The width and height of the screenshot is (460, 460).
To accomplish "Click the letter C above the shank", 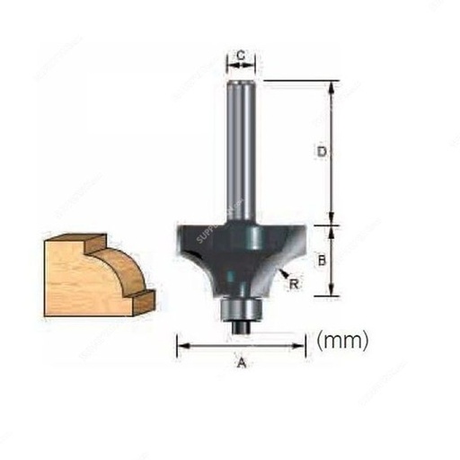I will tap(240, 56).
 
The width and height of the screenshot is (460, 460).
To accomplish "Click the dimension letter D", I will tap(321, 153).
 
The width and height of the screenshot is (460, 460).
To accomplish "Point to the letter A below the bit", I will tap(240, 362).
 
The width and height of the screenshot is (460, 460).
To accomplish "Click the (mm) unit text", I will tap(343, 341).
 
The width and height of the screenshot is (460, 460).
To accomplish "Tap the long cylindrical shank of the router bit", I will tap(240, 153).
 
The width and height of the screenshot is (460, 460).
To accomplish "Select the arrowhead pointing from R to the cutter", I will tap(282, 272).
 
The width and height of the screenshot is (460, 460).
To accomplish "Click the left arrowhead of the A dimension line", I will tap(181, 342).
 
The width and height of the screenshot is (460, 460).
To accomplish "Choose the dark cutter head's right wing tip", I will tap(303, 241).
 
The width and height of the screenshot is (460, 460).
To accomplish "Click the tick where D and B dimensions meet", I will tap(333, 223).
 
